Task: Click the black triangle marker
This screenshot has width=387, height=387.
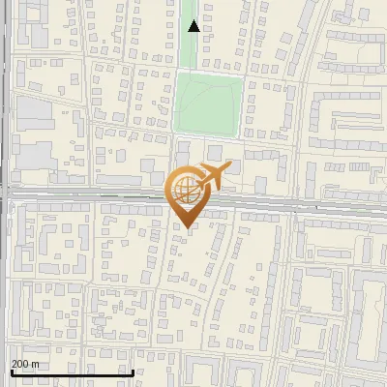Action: [x=193, y=26]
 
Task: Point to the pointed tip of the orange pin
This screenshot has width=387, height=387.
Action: [x=185, y=227]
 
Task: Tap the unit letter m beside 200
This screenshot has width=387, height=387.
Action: [x=35, y=364]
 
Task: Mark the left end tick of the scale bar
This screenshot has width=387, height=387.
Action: [x=11, y=372]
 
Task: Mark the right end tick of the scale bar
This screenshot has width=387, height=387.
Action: [x=133, y=372]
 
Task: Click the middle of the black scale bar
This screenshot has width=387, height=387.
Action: [x=72, y=372]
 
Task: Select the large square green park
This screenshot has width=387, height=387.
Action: [x=208, y=104]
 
